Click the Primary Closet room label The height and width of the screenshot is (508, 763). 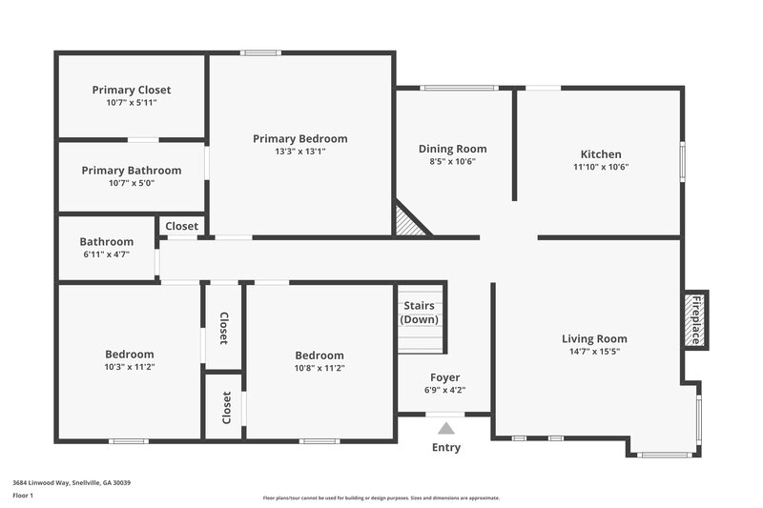pyautogui.click(x=132, y=90)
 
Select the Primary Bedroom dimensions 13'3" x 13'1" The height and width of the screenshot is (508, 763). pyautogui.click(x=300, y=151)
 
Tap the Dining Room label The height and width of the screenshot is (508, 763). pyautogui.click(x=453, y=149)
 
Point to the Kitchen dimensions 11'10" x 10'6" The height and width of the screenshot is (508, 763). pyautogui.click(x=601, y=167)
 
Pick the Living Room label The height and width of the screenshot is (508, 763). pyautogui.click(x=594, y=338)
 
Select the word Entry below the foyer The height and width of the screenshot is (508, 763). pyautogui.click(x=445, y=447)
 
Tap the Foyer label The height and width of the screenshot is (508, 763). pyautogui.click(x=445, y=377)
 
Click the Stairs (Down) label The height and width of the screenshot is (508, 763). pyautogui.click(x=420, y=313)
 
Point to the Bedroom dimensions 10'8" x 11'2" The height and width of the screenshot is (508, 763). pyautogui.click(x=320, y=368)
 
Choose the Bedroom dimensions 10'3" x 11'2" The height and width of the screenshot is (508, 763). pyautogui.click(x=130, y=367)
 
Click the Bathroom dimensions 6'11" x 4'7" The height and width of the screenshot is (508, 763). pyautogui.click(x=106, y=254)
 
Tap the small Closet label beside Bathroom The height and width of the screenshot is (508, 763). pyautogui.click(x=181, y=226)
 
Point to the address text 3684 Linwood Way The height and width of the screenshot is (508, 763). pyautogui.click(x=72, y=482)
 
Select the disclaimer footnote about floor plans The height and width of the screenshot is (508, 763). pyautogui.click(x=381, y=498)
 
